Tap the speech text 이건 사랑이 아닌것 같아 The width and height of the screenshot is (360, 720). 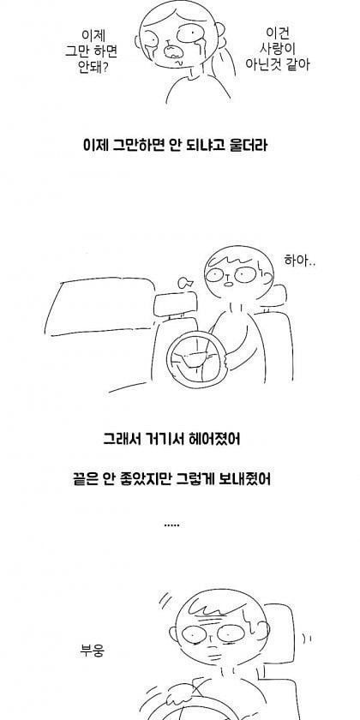278,49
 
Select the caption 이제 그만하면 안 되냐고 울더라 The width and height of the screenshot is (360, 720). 175,146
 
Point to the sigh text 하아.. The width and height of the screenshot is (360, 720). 300,261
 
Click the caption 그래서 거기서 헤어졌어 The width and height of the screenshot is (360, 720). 171,439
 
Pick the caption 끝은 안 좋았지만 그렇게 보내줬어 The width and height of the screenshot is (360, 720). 171,479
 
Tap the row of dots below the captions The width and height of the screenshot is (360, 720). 171,525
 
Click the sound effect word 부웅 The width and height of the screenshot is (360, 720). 93,651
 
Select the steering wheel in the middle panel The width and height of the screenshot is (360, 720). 198,359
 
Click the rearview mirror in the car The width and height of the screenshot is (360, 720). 176,305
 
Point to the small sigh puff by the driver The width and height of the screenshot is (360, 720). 184,282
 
